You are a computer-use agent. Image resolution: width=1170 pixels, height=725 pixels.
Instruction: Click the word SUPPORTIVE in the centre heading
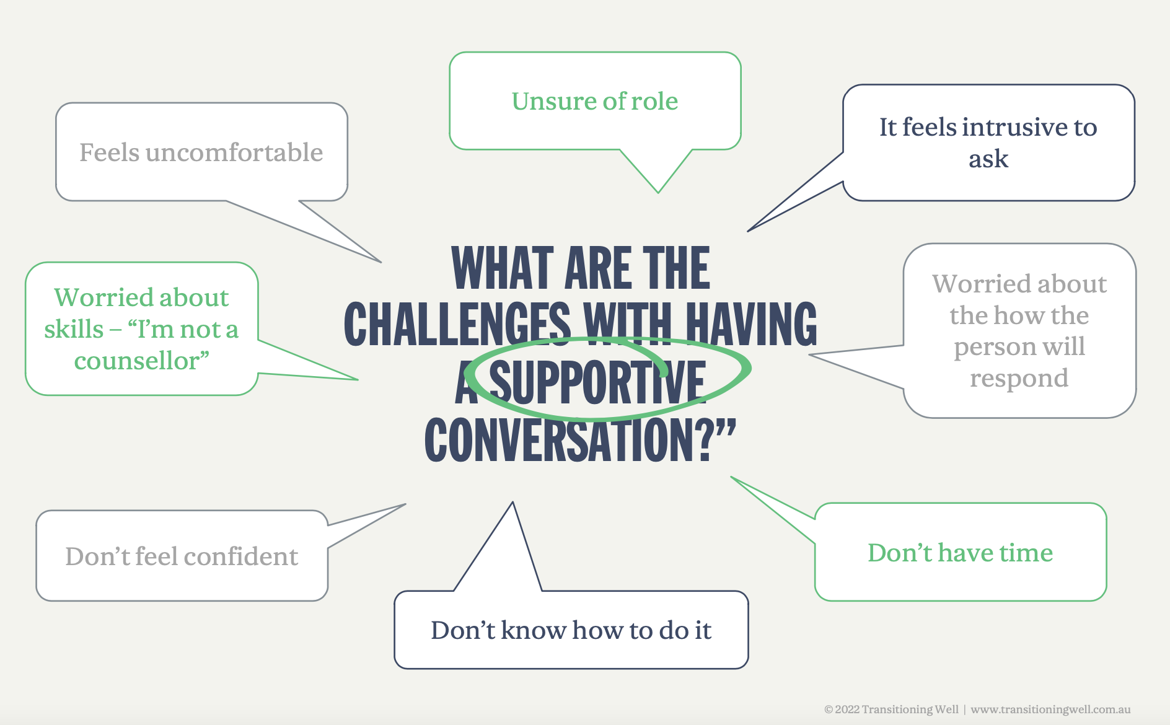(x=597, y=382)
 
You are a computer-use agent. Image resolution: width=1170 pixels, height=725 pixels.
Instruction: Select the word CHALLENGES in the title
(x=457, y=325)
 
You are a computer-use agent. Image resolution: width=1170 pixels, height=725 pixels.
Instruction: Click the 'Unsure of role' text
(x=595, y=101)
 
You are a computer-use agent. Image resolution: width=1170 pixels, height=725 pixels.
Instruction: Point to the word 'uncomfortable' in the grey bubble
(x=234, y=152)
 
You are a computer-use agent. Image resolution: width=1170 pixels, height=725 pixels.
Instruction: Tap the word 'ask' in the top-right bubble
(x=988, y=159)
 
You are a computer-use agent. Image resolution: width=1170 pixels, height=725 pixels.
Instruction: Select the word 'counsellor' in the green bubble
(x=136, y=361)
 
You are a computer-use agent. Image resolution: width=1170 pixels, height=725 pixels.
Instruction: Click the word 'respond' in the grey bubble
(x=1019, y=378)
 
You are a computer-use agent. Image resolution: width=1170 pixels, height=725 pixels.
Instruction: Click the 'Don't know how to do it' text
(x=571, y=630)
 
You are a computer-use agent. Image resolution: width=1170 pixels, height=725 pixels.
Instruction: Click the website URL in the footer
(x=1050, y=710)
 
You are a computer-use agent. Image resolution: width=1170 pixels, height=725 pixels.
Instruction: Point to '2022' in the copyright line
(x=847, y=710)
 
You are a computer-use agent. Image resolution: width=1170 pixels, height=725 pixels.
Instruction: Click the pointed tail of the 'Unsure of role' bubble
(x=658, y=191)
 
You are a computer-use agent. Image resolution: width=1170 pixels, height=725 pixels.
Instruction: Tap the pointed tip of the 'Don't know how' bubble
(x=512, y=504)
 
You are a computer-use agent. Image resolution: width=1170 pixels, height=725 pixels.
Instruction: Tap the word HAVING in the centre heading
(x=750, y=325)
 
